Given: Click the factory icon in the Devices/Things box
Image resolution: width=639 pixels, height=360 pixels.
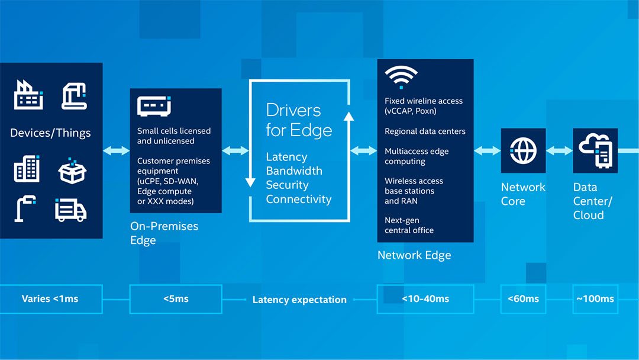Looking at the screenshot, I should pos(28,95).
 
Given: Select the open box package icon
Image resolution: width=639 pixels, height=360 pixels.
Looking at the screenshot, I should pos(72,171).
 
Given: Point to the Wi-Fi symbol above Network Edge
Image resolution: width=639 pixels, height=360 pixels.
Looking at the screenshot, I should pos(401,76).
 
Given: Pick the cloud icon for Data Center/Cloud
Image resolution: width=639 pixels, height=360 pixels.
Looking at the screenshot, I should pos(595,150).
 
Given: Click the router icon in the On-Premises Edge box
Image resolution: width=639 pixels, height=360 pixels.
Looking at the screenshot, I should pos(154,106).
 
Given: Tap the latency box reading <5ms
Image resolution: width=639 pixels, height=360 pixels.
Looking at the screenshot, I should pos(176,299).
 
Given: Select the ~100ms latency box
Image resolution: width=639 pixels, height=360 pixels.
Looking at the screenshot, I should pos(595,299).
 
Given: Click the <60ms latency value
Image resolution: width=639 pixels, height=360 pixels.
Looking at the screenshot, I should pos(523,299).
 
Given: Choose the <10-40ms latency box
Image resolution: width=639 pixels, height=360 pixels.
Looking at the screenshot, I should pos(425,299).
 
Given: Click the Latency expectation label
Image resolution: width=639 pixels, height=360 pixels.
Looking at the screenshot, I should pos(299,300).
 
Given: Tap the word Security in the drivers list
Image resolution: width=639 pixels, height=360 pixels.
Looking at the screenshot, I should pos(287,185).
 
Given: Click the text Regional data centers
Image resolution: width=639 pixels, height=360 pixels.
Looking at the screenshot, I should pos(425,131).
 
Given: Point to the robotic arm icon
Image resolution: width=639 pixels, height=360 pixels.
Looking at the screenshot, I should pos(74,96).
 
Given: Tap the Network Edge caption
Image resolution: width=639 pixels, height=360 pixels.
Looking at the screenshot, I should pos(414,255).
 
